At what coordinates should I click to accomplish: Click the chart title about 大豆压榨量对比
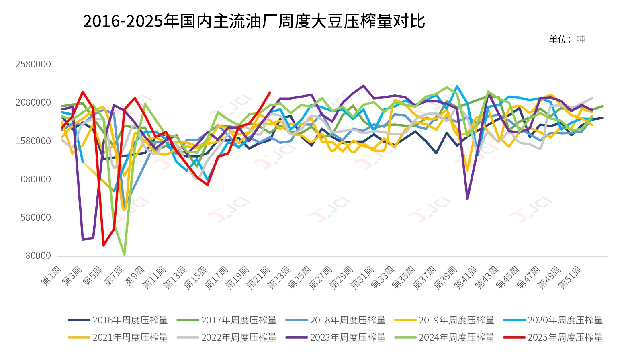point(254,21)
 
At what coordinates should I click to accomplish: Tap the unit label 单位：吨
point(567,39)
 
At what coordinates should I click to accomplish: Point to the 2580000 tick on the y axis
point(33,64)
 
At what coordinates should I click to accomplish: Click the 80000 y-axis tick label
point(39,256)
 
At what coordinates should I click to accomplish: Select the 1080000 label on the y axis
point(33,179)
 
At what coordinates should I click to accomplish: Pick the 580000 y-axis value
point(36,217)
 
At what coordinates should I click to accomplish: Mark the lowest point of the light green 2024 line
point(124,254)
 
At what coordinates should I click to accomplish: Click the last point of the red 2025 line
point(270,92)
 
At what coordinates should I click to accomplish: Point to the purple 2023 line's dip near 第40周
point(467,199)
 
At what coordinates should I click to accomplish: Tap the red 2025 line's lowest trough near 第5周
point(104,245)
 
